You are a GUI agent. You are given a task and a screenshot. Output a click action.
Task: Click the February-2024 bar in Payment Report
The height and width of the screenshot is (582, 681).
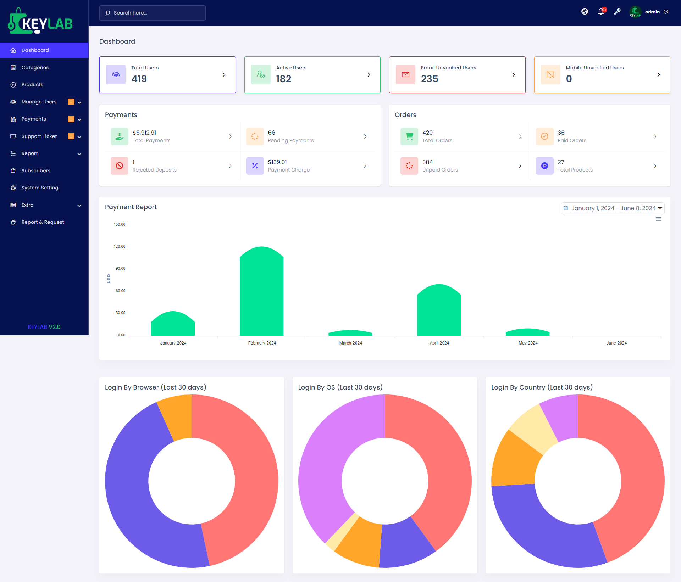coord(262,294)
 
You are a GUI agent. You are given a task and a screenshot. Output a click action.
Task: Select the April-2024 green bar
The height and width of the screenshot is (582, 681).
coord(439,312)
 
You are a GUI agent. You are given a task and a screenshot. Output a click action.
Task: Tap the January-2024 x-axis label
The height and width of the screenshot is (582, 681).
coord(173,343)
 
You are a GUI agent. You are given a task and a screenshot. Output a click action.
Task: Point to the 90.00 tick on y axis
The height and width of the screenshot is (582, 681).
coord(120,269)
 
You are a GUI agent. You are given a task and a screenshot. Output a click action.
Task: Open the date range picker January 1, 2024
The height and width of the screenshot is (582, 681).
coord(613,208)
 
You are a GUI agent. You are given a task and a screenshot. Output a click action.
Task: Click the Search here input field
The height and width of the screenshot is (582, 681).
coord(153,13)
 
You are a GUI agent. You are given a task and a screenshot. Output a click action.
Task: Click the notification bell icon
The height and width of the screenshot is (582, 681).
coord(600,12)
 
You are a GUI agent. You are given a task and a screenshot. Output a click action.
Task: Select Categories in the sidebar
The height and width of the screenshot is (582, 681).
coord(35,67)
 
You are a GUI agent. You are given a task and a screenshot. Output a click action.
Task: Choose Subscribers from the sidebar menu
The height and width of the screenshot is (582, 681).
coord(36,170)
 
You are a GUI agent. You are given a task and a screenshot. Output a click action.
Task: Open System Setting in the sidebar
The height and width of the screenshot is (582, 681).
coord(40,188)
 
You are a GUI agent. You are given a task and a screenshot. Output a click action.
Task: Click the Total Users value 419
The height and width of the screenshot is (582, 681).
coord(139,79)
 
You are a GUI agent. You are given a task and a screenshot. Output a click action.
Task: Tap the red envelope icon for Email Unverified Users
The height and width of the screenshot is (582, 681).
coord(405,75)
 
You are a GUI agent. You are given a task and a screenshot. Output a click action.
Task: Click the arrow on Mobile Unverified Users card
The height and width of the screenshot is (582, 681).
coord(658,75)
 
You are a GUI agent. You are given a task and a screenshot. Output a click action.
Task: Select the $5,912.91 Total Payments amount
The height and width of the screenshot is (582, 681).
coord(144,133)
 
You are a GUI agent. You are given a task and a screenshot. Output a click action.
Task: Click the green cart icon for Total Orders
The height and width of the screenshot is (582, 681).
coord(409,136)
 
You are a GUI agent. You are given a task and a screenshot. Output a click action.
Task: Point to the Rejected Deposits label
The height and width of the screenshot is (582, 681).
coord(154,170)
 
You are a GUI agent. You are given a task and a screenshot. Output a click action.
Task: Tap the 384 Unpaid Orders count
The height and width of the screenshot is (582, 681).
coord(427,162)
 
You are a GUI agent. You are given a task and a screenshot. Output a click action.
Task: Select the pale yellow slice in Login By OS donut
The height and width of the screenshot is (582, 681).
coord(342,528)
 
